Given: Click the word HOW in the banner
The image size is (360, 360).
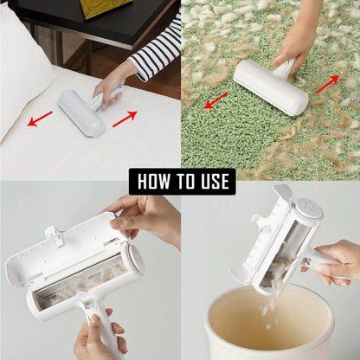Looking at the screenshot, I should pyautogui.click(x=155, y=181).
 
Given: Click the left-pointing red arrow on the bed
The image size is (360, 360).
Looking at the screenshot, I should pyautogui.click(x=40, y=118).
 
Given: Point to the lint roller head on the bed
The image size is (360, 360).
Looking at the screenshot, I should pyautogui.click(x=81, y=113).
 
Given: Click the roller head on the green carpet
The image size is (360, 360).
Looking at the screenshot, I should pyautogui.click(x=270, y=87).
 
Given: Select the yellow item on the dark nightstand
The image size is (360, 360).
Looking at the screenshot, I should pyautogui.click(x=104, y=8).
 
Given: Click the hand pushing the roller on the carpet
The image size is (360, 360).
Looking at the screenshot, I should pyautogui.click(x=299, y=43).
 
